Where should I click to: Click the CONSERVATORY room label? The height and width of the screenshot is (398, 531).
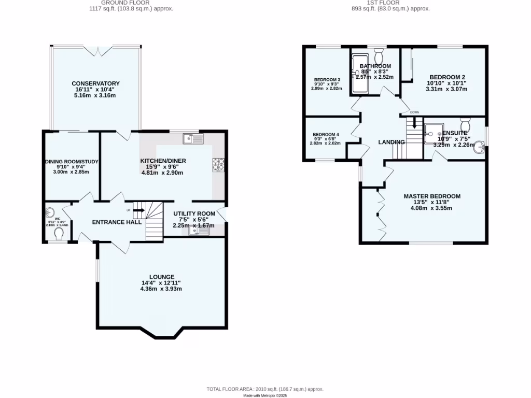(x=95, y=83)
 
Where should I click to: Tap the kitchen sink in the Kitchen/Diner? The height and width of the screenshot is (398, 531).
(x=193, y=138)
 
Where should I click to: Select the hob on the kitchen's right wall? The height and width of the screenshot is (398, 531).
(x=218, y=164)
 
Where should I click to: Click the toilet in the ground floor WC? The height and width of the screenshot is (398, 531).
(x=59, y=235)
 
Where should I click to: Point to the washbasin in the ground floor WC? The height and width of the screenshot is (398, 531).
(x=50, y=212)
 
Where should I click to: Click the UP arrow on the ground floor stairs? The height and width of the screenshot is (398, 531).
(x=138, y=210)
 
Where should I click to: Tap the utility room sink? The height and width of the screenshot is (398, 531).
(x=199, y=231)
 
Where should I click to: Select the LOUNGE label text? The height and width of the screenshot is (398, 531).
(x=162, y=277)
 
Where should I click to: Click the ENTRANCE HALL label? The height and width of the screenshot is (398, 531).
(x=117, y=222)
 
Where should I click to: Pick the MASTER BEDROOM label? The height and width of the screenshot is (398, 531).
(x=432, y=196)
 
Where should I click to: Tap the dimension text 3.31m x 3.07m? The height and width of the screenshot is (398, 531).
(x=446, y=89)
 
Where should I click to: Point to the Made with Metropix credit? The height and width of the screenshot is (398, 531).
(x=265, y=395)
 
